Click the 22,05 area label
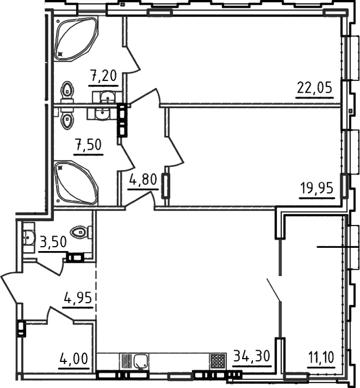tap(315, 88)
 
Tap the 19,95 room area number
tap(317, 188)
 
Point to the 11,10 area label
tap(321, 358)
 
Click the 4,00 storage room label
tap(74, 359)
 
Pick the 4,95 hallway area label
tap(78, 298)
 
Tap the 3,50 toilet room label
tap(53, 242)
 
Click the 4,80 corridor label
tap(143, 180)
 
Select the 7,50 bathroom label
tap(89, 145)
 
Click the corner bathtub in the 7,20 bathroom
tap(76, 39)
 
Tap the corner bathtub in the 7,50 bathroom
tap(76, 182)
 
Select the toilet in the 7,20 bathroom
tap(68, 91)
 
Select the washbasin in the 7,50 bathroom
tap(102, 114)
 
